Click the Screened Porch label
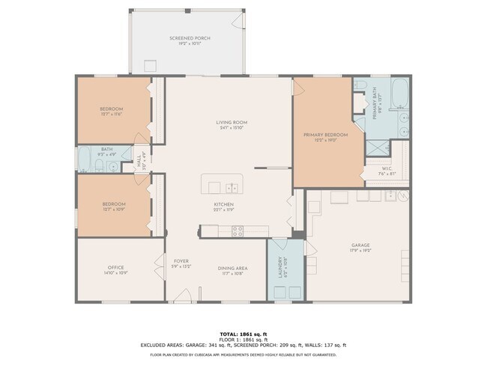coord(188,38)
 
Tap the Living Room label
coord(231,123)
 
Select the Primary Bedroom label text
coord(321,135)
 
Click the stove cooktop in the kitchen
coord(238,232)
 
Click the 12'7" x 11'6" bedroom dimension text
coord(111,114)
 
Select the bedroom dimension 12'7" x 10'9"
coord(114,209)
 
